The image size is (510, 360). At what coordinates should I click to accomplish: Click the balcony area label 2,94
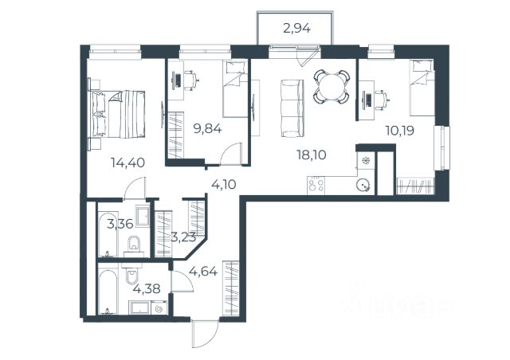(x=297, y=29)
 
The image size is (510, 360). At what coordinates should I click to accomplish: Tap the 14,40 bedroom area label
(x=127, y=162)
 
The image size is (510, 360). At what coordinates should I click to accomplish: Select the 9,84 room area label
(x=207, y=129)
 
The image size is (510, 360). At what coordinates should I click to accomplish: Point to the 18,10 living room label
(x=312, y=155)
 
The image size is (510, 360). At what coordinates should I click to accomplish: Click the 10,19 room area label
(x=400, y=131)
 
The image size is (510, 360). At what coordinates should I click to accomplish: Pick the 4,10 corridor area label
(x=224, y=185)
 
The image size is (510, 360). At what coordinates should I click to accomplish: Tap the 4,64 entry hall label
(x=203, y=271)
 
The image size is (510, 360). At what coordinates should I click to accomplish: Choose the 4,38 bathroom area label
(x=147, y=288)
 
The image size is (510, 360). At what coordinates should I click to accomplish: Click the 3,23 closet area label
(x=184, y=237)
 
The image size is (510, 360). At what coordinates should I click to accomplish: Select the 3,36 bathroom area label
(x=120, y=224)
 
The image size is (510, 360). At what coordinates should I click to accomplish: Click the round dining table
(x=331, y=87)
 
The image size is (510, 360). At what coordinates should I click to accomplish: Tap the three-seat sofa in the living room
(x=292, y=108)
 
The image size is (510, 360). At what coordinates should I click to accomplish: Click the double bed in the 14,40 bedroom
(x=116, y=114)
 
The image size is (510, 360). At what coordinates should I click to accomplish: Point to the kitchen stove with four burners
(x=316, y=186)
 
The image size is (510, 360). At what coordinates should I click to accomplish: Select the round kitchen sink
(x=363, y=186)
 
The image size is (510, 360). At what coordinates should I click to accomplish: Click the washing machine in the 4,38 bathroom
(x=159, y=307)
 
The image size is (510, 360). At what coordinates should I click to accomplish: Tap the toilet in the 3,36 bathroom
(x=134, y=243)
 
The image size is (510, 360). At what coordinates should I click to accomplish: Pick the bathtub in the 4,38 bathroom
(x=108, y=290)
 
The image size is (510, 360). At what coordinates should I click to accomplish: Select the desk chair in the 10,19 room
(x=382, y=98)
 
